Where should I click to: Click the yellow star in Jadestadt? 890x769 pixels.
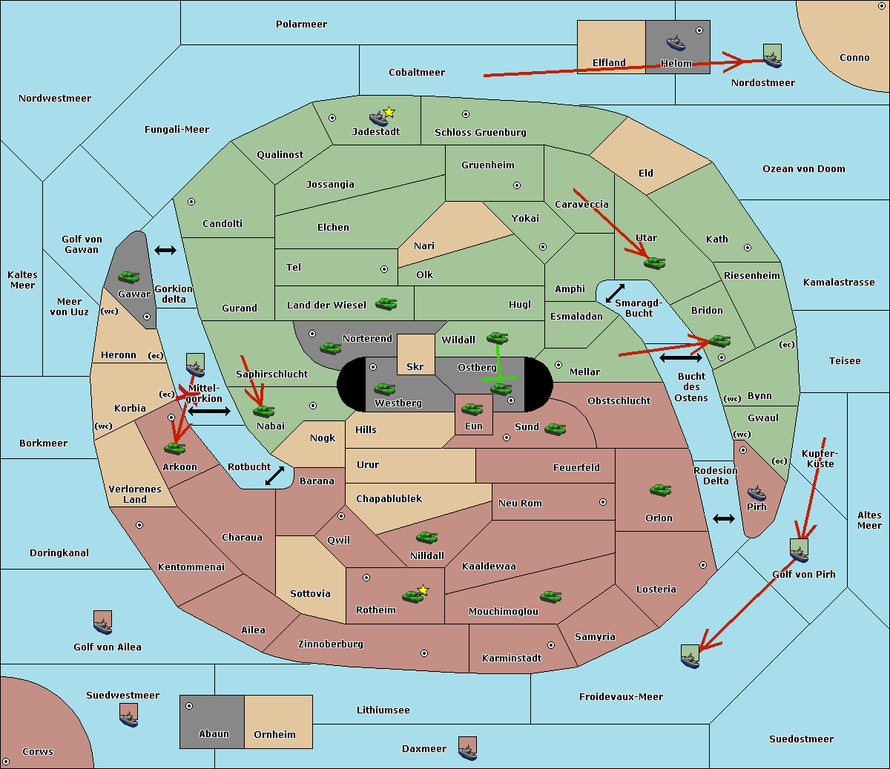click(389, 113)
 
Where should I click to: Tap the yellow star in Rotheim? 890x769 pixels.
click(423, 590)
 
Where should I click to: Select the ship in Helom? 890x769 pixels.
click(676, 43)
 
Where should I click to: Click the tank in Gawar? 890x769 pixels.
click(129, 277)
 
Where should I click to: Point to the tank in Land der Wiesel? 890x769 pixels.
click(386, 303)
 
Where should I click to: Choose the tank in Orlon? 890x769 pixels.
click(661, 490)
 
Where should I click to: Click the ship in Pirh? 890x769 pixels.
click(756, 493)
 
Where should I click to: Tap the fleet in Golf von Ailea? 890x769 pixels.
click(103, 622)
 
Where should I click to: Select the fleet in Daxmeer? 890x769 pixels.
click(467, 748)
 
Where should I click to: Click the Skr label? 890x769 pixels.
click(415, 366)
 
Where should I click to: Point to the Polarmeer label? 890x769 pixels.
click(301, 24)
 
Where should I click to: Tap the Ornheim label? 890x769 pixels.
click(274, 734)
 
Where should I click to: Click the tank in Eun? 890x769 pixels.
click(472, 409)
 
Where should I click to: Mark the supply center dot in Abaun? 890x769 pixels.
click(189, 706)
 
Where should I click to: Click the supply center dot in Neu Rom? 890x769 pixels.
click(603, 502)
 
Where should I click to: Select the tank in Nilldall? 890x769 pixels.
click(426, 537)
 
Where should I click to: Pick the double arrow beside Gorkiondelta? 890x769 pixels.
click(165, 250)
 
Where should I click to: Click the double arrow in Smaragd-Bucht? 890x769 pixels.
click(615, 293)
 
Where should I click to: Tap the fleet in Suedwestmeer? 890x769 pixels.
click(129, 715)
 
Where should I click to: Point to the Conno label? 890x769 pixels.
click(854, 58)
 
